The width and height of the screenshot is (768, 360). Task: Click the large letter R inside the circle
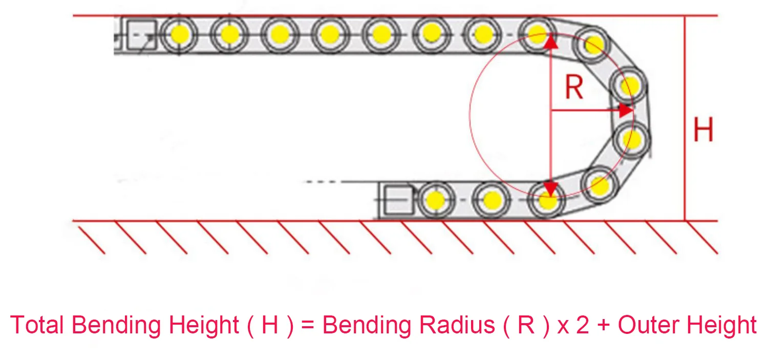pyautogui.click(x=574, y=87)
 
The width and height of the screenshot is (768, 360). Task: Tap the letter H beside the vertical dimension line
pyautogui.click(x=703, y=129)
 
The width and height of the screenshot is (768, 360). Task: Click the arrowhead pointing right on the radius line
pyautogui.click(x=627, y=111)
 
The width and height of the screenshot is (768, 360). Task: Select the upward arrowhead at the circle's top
pyautogui.click(x=550, y=40)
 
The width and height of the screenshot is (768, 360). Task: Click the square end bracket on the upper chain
pyautogui.click(x=142, y=35)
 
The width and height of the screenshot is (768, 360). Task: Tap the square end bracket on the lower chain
pyautogui.click(x=398, y=200)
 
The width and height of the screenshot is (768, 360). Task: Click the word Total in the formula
pyautogui.click(x=37, y=324)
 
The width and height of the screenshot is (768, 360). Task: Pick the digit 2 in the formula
pyautogui.click(x=583, y=324)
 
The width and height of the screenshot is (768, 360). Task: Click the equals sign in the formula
pyautogui.click(x=308, y=325)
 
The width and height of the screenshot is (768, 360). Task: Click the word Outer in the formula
pyautogui.click(x=649, y=324)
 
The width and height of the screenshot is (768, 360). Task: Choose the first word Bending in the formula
pyautogui.click(x=116, y=325)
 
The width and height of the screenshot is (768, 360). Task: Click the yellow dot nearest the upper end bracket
pyautogui.click(x=180, y=34)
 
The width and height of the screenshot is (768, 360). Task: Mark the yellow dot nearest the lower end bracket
pyautogui.click(x=436, y=200)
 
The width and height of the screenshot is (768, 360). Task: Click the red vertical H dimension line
pyautogui.click(x=685, y=118)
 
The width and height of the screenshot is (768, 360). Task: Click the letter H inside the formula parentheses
pyautogui.click(x=270, y=324)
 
